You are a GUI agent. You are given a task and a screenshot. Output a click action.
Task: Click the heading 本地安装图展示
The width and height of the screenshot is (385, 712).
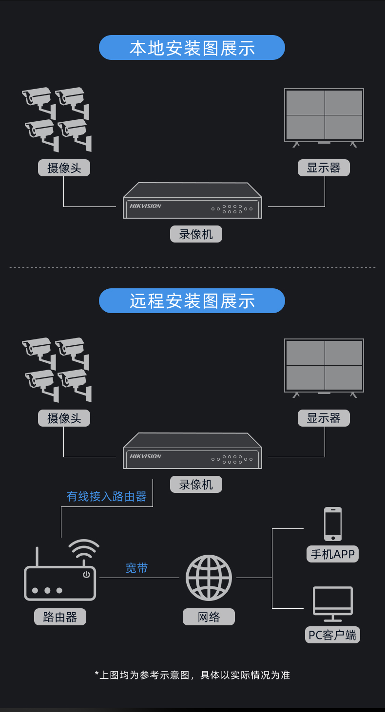[x=192, y=48]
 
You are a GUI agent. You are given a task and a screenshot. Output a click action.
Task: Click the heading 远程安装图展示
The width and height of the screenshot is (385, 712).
[x=192, y=300]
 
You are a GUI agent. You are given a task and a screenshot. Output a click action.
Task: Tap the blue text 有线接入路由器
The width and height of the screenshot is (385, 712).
[x=106, y=496]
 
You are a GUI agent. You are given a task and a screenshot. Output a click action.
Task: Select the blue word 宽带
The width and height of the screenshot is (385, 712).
[x=136, y=568]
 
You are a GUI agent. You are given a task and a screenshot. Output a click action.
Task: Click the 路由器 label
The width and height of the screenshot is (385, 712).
[x=60, y=617]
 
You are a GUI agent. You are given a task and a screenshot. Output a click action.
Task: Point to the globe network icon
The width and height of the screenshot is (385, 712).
[x=209, y=578]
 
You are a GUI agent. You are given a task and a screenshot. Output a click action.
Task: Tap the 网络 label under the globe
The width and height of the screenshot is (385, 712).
[x=209, y=617]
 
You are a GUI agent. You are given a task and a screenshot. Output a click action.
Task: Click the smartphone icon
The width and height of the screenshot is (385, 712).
[x=333, y=524]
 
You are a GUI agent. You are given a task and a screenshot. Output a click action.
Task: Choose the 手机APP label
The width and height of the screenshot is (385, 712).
[x=333, y=554]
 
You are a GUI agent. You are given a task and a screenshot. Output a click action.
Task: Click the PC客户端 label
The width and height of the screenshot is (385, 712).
[x=333, y=635]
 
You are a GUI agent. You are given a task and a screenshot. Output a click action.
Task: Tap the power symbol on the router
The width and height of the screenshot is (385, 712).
[x=86, y=575]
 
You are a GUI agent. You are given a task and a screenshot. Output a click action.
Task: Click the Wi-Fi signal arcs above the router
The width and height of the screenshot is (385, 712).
[x=83, y=549]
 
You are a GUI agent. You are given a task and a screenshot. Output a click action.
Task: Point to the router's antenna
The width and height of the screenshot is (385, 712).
[x=37, y=556]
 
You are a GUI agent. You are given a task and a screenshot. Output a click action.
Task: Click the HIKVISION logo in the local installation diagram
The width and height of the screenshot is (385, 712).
[x=145, y=206]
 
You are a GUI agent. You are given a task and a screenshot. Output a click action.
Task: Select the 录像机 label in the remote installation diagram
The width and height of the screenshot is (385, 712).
[x=196, y=484]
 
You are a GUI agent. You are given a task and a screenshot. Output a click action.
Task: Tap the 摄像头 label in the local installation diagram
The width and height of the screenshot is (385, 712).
[x=64, y=168]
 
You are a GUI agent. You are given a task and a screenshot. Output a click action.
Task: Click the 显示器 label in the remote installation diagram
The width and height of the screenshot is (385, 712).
[x=324, y=418]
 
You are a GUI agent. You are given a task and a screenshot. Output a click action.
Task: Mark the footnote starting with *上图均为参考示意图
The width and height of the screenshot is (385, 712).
[x=192, y=675]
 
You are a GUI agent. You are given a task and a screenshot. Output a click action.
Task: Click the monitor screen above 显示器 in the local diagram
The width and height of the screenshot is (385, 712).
[x=324, y=115]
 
